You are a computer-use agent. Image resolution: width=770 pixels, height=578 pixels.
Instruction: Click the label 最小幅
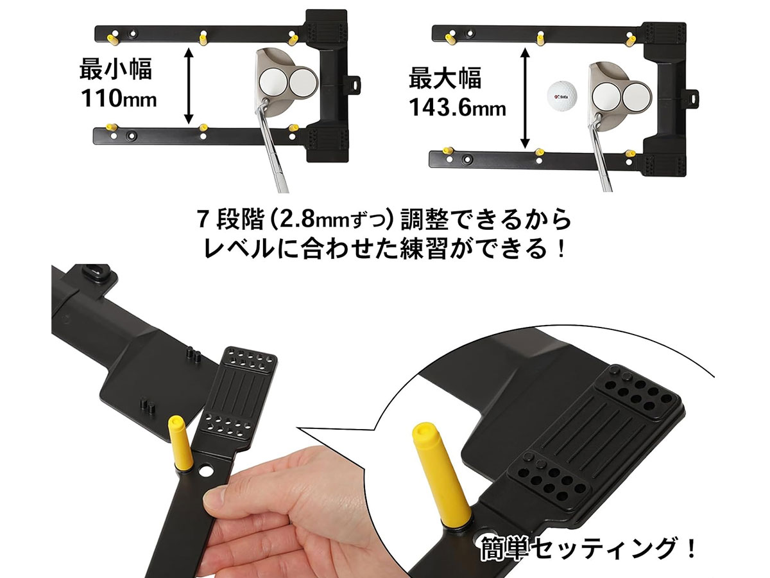coord(116,69)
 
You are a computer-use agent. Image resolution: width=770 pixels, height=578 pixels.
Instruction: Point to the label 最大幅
coord(445,78)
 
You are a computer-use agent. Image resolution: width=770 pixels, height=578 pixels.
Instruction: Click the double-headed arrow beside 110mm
coord(189,86)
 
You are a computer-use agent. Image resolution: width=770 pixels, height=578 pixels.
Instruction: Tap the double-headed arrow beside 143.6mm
coord(525,98)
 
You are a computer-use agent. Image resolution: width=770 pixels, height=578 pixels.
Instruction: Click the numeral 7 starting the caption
coord(202,221)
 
